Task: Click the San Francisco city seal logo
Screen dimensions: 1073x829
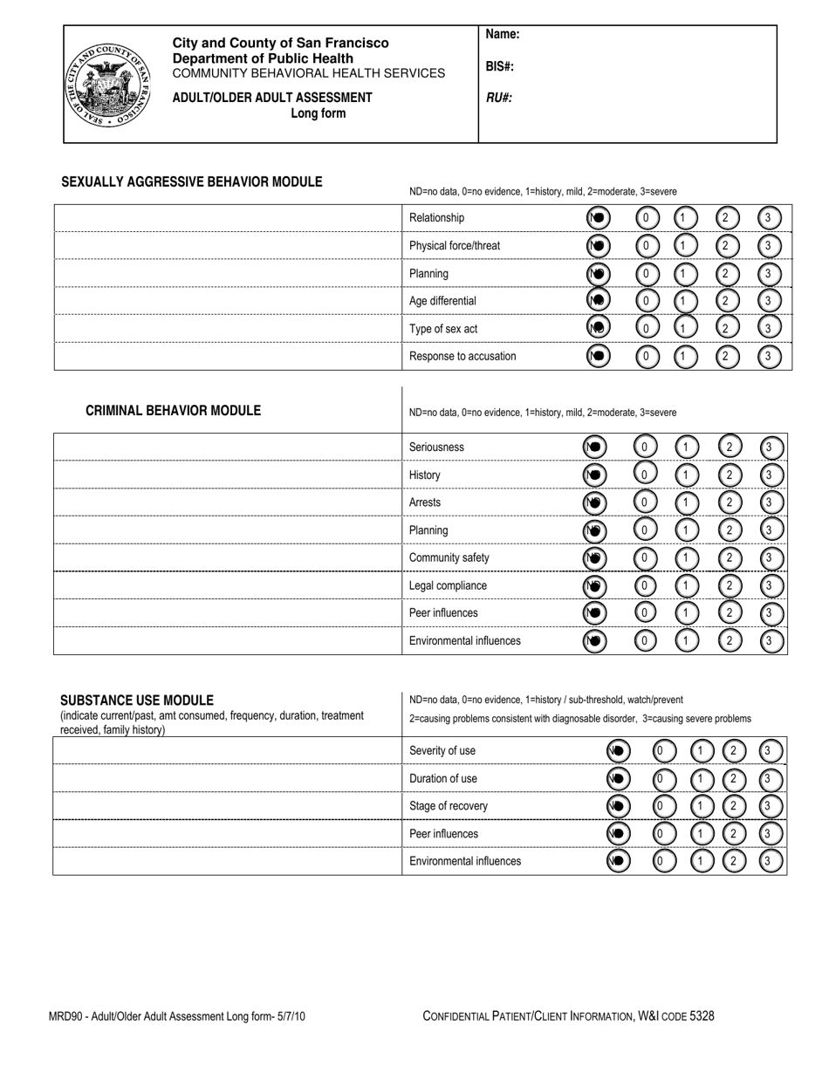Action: coord(108,85)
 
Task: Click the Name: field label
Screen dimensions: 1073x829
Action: coord(503,35)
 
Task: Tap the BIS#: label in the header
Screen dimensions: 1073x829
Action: coord(499,66)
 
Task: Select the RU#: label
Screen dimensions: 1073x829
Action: coord(498,98)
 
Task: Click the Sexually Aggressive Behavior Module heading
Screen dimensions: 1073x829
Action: coord(191,182)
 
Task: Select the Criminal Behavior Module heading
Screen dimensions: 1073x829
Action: coord(173,411)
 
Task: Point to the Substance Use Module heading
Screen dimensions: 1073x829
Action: coord(136,701)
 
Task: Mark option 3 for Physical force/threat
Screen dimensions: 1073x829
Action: coord(768,246)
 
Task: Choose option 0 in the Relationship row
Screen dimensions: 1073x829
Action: coord(647,218)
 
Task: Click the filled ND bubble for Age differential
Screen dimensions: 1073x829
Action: coord(597,301)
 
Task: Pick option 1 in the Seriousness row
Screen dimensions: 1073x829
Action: coord(688,448)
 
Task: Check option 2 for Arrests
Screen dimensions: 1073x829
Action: coord(729,503)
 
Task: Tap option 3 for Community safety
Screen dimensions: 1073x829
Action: coord(771,558)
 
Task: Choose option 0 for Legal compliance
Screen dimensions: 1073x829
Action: coord(645,586)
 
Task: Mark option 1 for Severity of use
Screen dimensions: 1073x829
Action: coord(702,751)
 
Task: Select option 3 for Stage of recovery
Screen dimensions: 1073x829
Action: coord(769,806)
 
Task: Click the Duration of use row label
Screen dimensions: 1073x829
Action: coord(443,779)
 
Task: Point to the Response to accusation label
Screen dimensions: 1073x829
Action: coord(462,357)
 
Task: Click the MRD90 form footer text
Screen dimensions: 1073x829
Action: coord(177,1016)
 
